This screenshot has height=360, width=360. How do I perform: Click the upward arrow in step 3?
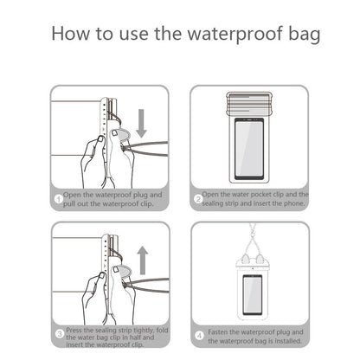(x=142, y=258)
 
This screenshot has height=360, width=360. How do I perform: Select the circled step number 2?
(x=197, y=199)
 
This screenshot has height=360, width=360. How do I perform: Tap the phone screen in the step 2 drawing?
(x=250, y=148)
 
